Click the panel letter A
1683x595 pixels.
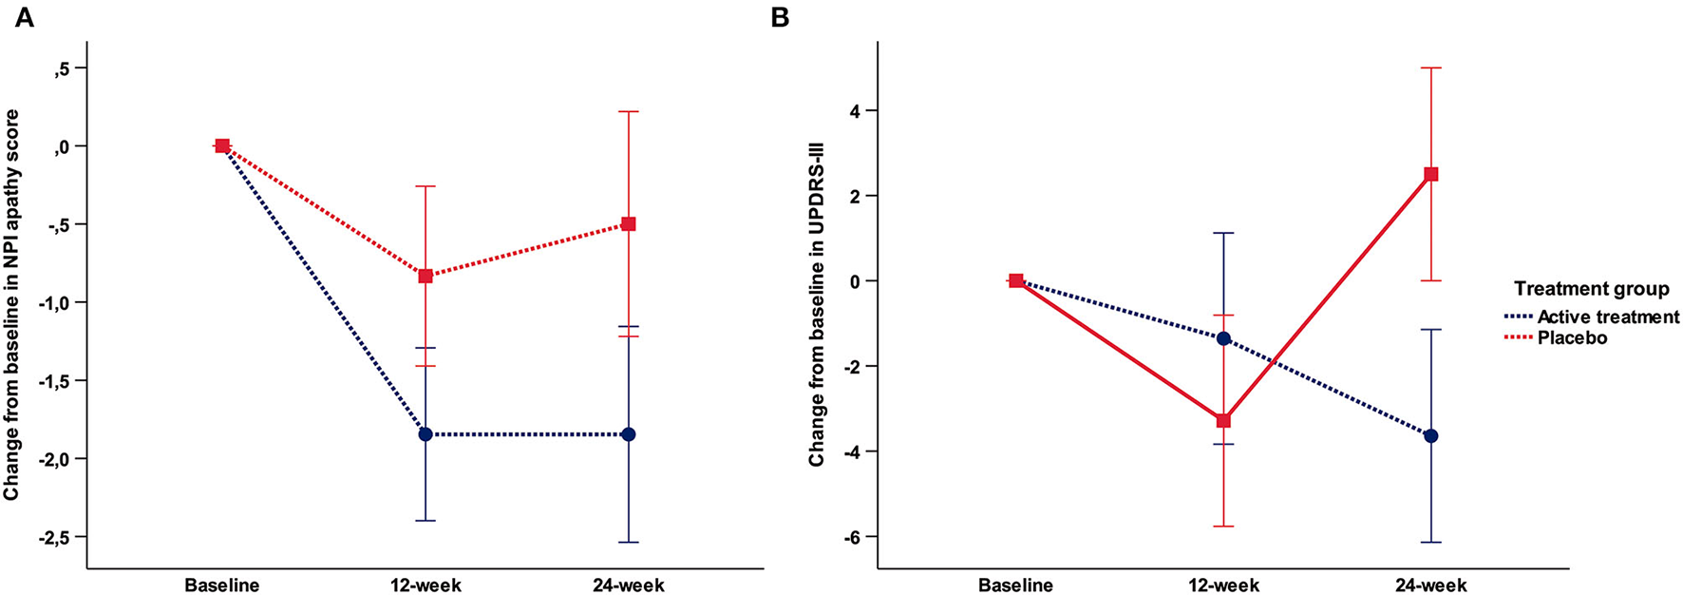pyautogui.click(x=24, y=18)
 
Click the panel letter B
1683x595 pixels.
pyautogui.click(x=780, y=18)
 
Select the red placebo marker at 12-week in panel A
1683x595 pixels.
pyautogui.click(x=425, y=276)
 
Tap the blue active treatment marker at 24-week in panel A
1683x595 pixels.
pyautogui.click(x=628, y=434)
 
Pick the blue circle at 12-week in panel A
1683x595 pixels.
pyautogui.click(x=425, y=434)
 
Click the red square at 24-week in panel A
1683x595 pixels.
pyautogui.click(x=628, y=224)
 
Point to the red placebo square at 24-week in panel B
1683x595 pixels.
pyautogui.click(x=1430, y=174)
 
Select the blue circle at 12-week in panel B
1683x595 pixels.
pyautogui.click(x=1223, y=338)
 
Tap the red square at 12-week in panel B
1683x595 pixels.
pyautogui.click(x=1223, y=420)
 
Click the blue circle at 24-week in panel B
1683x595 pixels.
pyautogui.click(x=1430, y=435)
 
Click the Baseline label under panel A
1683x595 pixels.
pyautogui.click(x=222, y=585)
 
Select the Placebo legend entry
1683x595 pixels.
pyautogui.click(x=1572, y=337)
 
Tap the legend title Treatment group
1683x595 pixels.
pyautogui.click(x=1591, y=289)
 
